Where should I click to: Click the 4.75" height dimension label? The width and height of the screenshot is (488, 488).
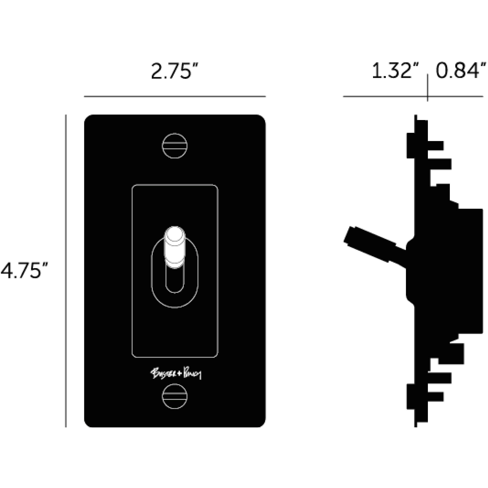(24, 271)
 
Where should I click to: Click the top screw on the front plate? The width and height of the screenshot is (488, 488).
(174, 146)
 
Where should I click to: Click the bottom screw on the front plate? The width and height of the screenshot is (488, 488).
(174, 396)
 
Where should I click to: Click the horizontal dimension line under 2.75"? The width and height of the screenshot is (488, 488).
(175, 96)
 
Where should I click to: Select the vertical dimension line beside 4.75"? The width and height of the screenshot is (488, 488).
(66, 271)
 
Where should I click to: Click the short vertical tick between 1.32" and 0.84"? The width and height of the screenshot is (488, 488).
(427, 87)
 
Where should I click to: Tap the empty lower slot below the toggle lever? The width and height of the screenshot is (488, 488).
(175, 280)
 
